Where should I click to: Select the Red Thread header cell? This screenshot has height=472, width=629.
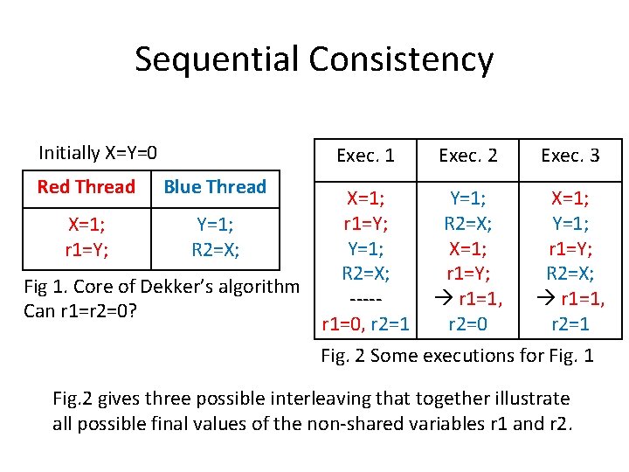click(86, 187)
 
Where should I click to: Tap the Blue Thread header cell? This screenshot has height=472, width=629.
click(215, 187)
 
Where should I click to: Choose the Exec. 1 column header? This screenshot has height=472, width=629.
click(365, 156)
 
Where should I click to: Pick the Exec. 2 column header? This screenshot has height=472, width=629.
click(468, 156)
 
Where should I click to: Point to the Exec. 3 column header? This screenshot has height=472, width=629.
click(570, 156)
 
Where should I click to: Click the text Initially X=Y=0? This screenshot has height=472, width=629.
click(98, 153)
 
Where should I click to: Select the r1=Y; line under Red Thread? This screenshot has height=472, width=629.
click(86, 249)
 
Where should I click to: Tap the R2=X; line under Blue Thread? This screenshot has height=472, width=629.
click(215, 249)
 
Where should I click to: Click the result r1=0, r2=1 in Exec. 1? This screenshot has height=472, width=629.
click(365, 325)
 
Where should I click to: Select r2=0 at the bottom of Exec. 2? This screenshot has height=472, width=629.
click(468, 325)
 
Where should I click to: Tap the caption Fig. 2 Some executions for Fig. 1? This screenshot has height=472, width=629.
click(457, 356)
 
